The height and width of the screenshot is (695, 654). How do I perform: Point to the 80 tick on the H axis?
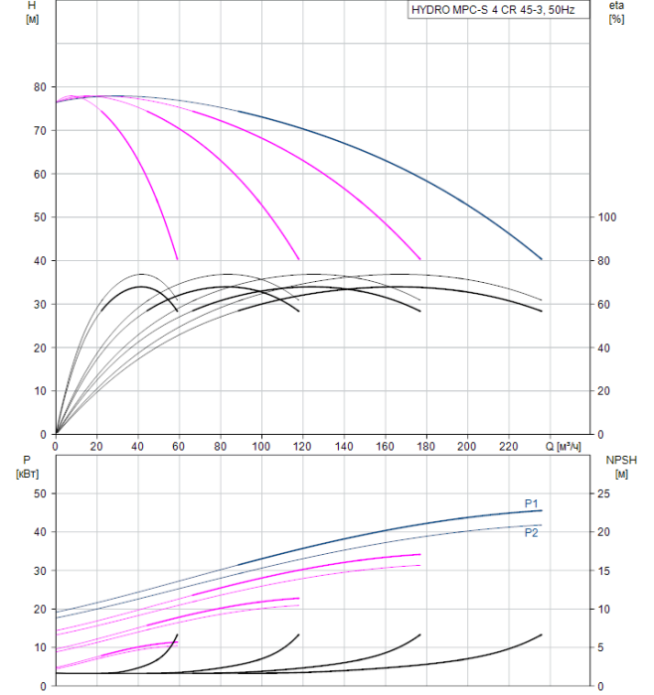click(40, 86)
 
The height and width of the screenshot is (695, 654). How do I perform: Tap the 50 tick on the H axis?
click(40, 216)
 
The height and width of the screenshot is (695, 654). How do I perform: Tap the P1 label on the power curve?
click(532, 502)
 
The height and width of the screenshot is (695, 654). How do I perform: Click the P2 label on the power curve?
click(532, 532)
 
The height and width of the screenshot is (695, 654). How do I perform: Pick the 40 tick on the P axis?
click(40, 532)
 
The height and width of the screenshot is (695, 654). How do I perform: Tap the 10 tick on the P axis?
click(40, 647)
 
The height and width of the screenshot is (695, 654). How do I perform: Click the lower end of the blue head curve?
click(542, 259)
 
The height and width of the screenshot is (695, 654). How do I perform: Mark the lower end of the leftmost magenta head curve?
click(178, 259)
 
